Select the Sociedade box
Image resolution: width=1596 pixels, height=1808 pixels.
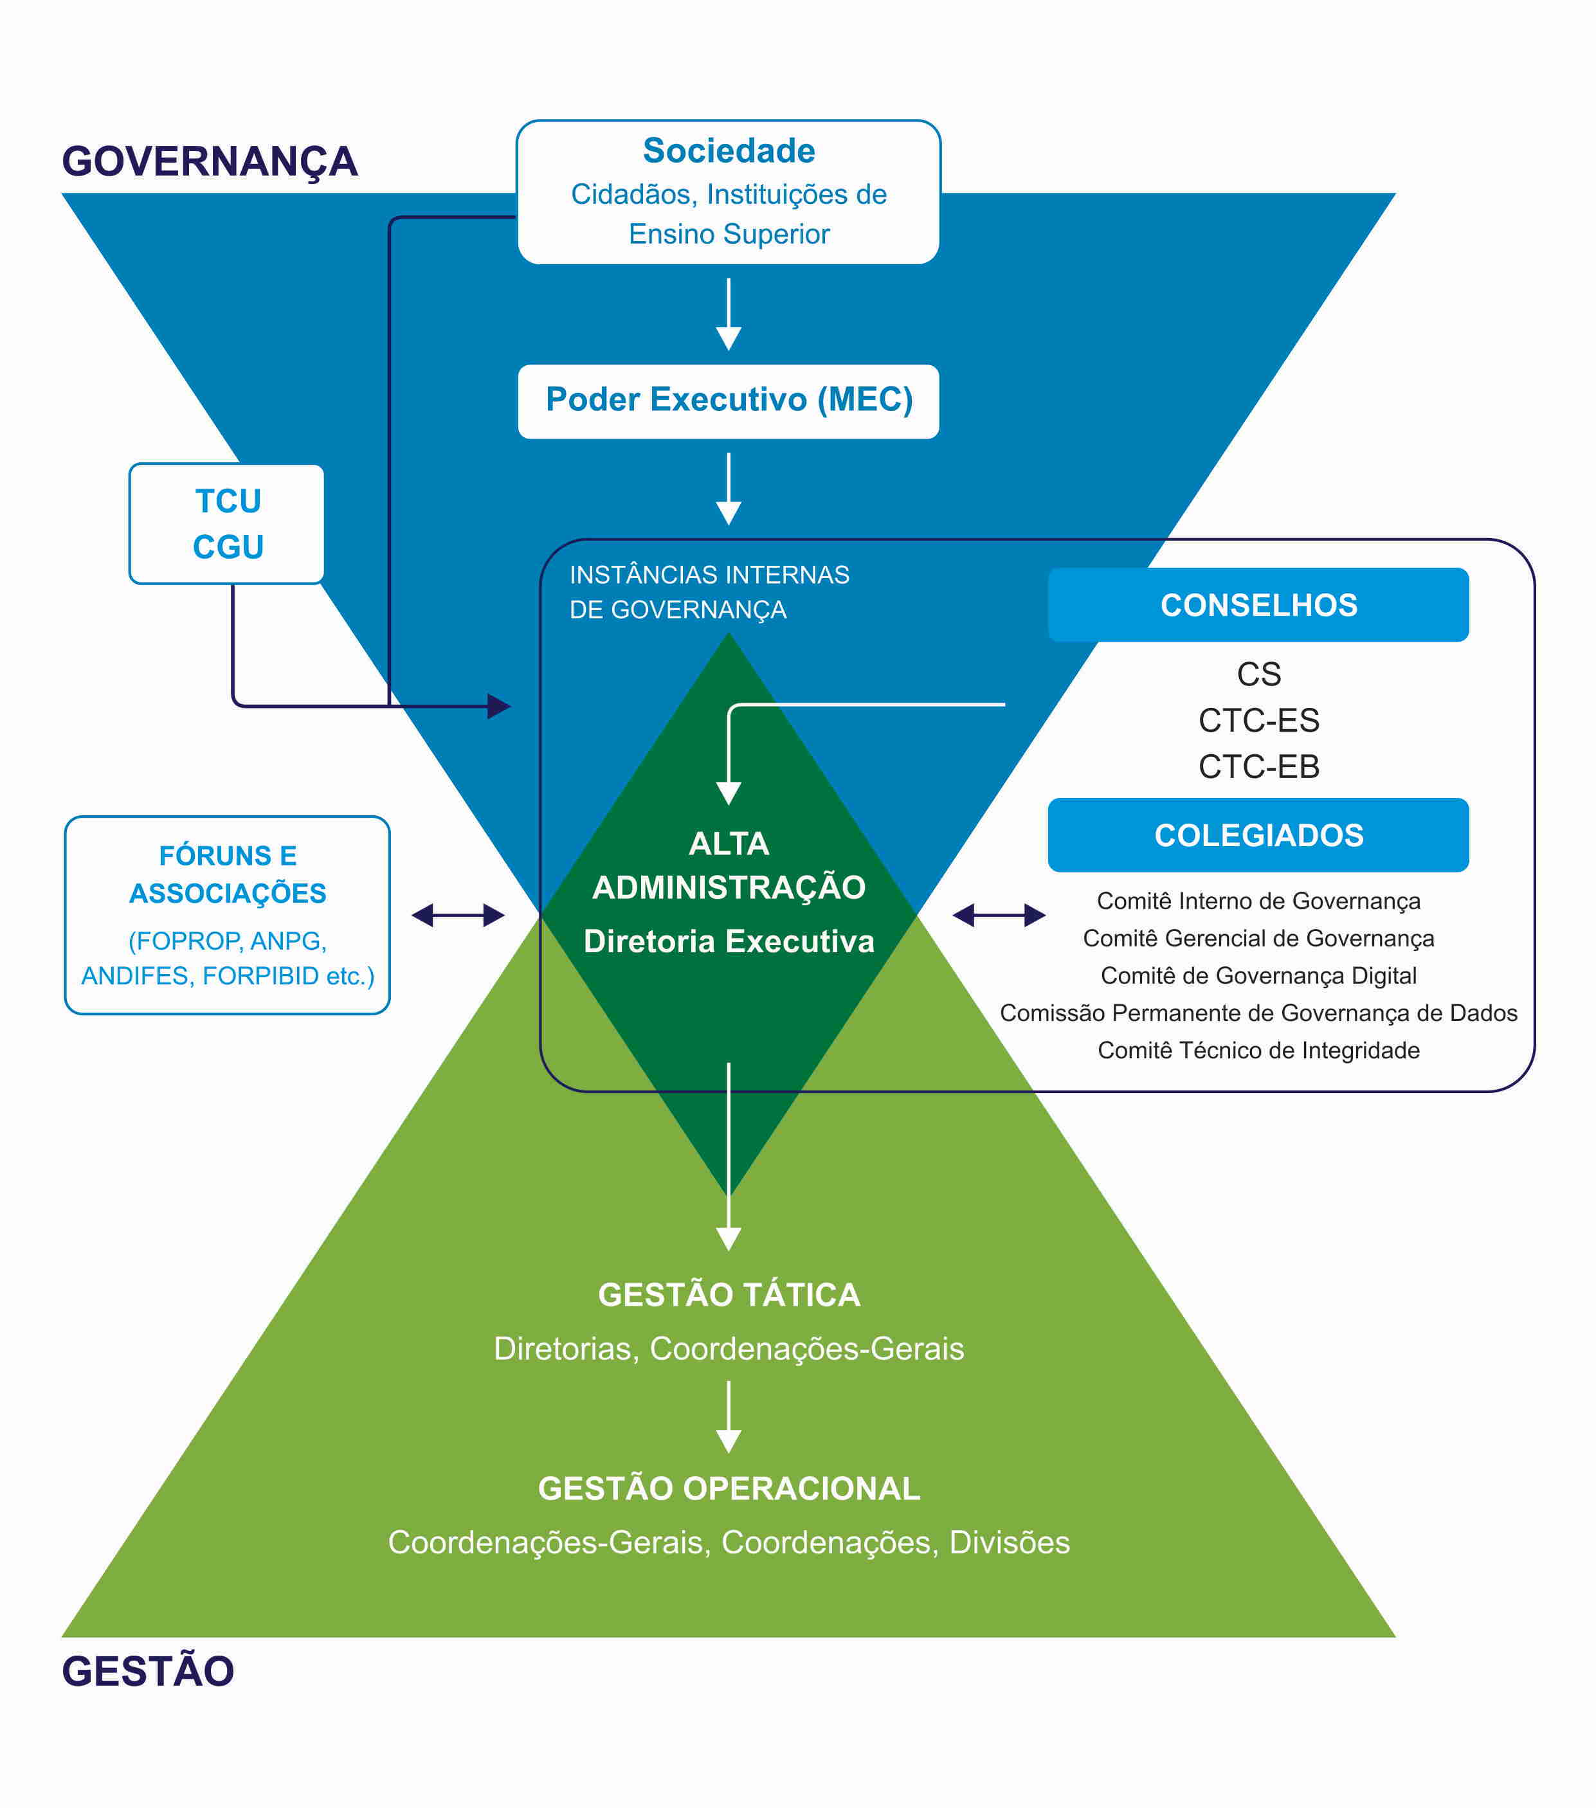click(728, 192)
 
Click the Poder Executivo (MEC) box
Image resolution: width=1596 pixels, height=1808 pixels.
click(728, 401)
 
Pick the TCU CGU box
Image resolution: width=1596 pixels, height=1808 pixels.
click(228, 523)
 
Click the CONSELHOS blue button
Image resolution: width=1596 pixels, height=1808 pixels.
click(1258, 605)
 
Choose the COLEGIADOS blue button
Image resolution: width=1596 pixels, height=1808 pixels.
click(1258, 835)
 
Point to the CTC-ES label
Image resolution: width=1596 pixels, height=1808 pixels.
click(1258, 721)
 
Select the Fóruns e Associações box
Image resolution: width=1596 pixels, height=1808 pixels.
click(228, 915)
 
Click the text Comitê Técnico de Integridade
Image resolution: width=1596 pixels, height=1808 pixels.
click(1258, 1050)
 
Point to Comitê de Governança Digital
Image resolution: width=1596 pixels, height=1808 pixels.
click(1258, 975)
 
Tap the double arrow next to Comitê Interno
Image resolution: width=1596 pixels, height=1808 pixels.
click(998, 916)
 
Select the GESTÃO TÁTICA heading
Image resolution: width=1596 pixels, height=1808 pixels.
click(728, 1295)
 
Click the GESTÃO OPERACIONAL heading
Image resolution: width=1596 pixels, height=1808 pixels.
click(728, 1488)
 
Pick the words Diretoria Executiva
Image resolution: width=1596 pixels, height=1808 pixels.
click(728, 941)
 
